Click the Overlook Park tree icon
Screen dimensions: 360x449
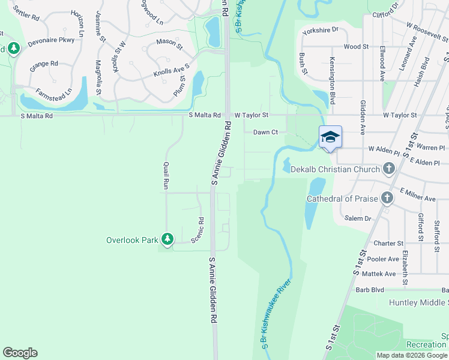[167, 240]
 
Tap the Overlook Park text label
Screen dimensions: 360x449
[131, 240]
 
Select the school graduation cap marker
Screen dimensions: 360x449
[330, 137]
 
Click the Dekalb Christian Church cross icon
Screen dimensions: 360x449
[388, 169]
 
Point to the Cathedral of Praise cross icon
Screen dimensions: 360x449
[387, 198]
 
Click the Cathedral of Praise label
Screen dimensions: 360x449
[342, 199]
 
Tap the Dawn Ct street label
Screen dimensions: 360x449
[265, 132]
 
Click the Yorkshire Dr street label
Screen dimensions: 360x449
[321, 29]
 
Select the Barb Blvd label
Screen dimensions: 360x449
[370, 289]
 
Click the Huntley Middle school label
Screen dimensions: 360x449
[418, 302]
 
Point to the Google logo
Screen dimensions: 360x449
[20, 353]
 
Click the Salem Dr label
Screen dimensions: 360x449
[359, 218]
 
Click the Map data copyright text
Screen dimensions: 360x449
[412, 355]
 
